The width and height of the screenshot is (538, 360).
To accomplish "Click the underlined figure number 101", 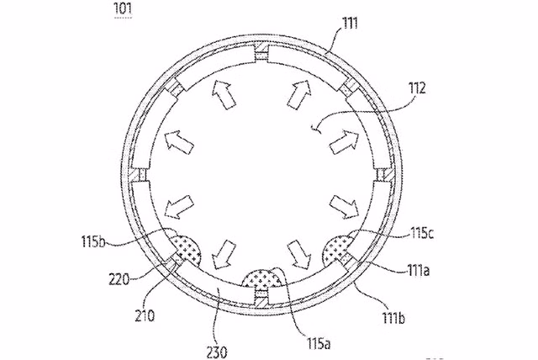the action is tap(123, 8).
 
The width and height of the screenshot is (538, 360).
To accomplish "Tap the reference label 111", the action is tap(350, 24).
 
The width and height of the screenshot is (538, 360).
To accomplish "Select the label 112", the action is tap(417, 88).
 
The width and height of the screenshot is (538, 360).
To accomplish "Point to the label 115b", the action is tap(93, 241).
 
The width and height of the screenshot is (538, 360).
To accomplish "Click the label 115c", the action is tap(422, 233).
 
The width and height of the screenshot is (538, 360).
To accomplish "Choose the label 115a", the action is tap(319, 343).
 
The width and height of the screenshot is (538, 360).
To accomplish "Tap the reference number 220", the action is tap(119, 280).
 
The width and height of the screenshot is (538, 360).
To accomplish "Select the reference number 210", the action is tap(145, 315).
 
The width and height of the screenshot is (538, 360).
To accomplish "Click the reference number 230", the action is tap(217, 352).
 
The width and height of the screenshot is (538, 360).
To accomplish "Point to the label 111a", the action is tap(418, 271).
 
